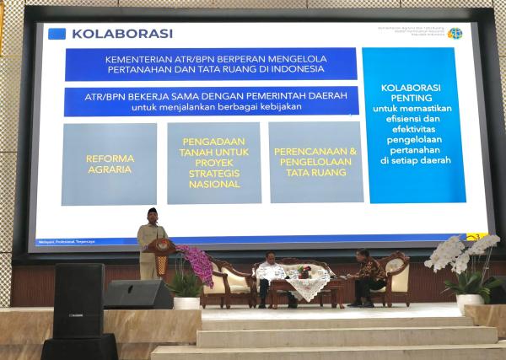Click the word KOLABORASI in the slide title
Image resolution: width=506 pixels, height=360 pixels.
pyautogui.click(x=122, y=34)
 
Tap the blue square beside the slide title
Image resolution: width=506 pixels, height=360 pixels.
pyautogui.click(x=57, y=34)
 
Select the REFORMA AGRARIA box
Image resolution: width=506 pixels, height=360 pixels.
pyautogui.click(x=110, y=164)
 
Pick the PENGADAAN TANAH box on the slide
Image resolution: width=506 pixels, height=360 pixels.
pyautogui.click(x=213, y=163)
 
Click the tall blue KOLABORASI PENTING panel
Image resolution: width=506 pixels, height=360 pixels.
pyautogui.click(x=413, y=125)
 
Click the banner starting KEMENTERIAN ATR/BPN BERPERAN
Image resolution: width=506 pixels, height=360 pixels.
pyautogui.click(x=211, y=64)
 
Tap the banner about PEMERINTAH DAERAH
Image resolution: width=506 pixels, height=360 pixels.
pyautogui.click(x=211, y=101)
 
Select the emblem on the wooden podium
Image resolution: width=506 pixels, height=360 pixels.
pyautogui.click(x=160, y=247)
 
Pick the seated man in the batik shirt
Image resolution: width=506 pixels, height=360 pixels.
pyautogui.click(x=369, y=276)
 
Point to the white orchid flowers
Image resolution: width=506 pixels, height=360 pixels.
pyautogui.click(x=460, y=254)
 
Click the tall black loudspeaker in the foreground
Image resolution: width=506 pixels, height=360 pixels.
pyautogui.click(x=78, y=301)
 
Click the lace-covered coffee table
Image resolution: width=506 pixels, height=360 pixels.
pyautogui.click(x=308, y=287)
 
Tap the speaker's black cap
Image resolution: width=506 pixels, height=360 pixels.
pyautogui.click(x=153, y=211)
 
